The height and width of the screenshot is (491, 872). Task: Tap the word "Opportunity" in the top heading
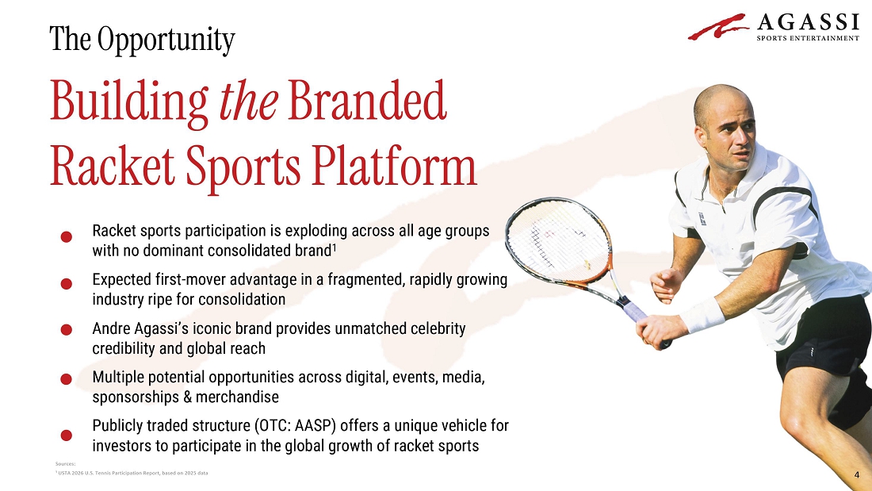[166, 40]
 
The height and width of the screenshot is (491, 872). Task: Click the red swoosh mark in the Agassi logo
[718, 27]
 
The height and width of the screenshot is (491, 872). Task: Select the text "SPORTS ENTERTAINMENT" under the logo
[808, 38]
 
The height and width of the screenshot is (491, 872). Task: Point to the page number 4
[856, 475]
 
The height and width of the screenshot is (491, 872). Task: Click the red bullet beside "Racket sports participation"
[66, 236]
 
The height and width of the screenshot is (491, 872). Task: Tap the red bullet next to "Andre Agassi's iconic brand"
[66, 329]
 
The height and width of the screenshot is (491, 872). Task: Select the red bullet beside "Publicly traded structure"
[66, 435]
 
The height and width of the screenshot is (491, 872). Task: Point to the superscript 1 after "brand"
[335, 247]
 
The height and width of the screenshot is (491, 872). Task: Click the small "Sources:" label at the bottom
[65, 464]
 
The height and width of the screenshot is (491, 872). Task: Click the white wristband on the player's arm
[702, 315]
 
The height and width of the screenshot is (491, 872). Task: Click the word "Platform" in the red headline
[394, 166]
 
